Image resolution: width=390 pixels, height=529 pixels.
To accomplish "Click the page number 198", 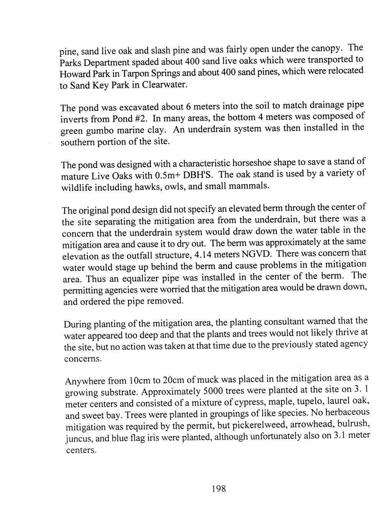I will (219, 489).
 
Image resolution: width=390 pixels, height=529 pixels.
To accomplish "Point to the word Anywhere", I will (85, 381).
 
